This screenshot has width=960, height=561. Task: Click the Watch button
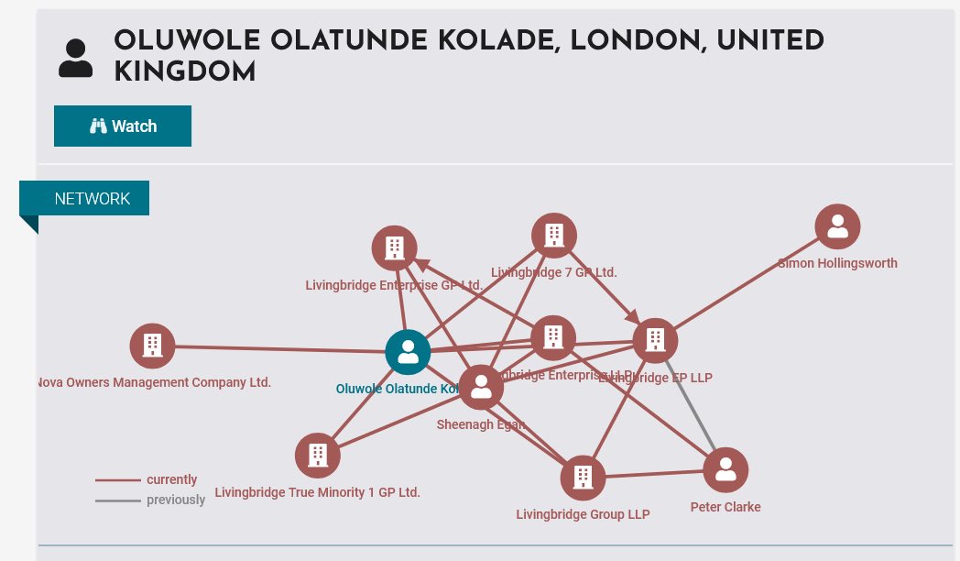tap(123, 126)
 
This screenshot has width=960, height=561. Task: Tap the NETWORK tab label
tap(92, 199)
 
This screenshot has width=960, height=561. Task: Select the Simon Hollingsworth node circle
tap(837, 226)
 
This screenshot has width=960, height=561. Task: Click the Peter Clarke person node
tap(725, 470)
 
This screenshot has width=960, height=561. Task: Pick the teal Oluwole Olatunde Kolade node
tap(408, 352)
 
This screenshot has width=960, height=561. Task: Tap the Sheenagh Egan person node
tap(481, 387)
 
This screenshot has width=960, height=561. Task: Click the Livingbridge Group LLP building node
tap(583, 478)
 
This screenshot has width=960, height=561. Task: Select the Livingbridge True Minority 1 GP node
tap(318, 455)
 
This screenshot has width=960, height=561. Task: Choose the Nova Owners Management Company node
tap(152, 346)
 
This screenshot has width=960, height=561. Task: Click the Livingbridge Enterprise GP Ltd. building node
tap(394, 247)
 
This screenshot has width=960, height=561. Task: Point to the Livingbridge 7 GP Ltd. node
tap(553, 236)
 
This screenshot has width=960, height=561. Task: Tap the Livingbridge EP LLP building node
tap(654, 340)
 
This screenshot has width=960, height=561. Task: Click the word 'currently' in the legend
tap(171, 479)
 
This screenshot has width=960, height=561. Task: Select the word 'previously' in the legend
tap(176, 500)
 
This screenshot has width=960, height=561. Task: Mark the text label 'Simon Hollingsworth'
tap(837, 263)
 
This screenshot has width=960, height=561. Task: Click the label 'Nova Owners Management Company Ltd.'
tap(154, 382)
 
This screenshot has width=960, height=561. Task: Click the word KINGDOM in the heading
tap(184, 71)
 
